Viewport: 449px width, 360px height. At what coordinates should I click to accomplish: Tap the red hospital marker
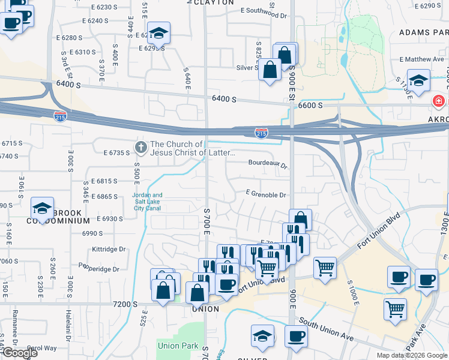pos(439,101)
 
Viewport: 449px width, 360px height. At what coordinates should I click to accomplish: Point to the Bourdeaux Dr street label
pos(268,162)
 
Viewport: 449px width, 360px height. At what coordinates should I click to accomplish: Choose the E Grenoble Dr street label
pos(265,194)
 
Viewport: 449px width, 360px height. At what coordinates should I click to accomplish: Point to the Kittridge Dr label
pos(109,248)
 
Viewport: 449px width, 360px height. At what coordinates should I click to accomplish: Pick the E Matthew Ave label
pos(423,59)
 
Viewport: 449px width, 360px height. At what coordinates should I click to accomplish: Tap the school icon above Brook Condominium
pos(43,207)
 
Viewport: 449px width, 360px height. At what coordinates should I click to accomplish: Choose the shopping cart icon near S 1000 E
pos(325,266)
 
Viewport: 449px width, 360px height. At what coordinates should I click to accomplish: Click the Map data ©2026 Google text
pos(411,355)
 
